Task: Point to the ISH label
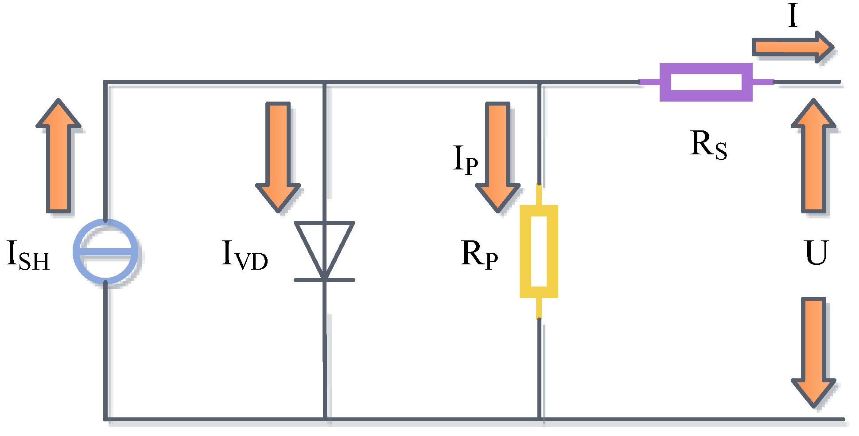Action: pyautogui.click(x=28, y=255)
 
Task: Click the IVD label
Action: pyautogui.click(x=245, y=256)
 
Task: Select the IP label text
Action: pyautogui.click(x=465, y=160)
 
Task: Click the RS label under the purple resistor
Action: pyautogui.click(x=708, y=145)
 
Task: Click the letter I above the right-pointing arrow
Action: pyautogui.click(x=793, y=17)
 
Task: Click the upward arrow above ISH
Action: pyautogui.click(x=58, y=155)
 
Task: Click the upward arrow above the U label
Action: pyautogui.click(x=814, y=155)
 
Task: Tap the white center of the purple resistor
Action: pyautogui.click(x=706, y=82)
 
